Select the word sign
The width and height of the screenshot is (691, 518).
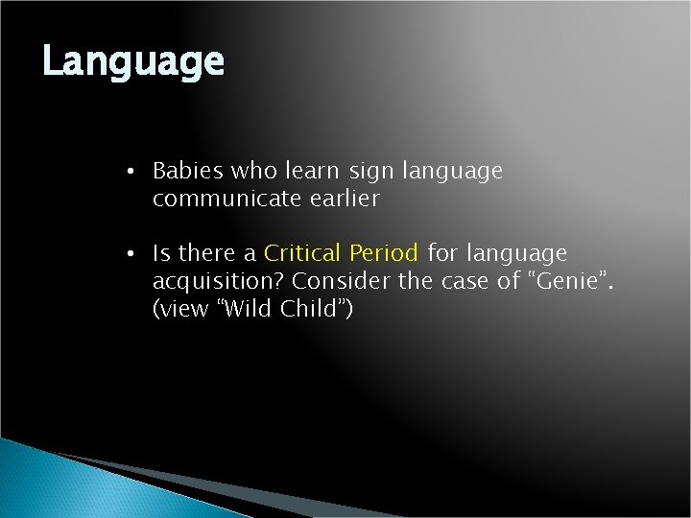tap(372, 172)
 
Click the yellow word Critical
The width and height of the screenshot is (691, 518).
tap(303, 254)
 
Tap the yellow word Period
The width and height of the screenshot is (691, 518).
tap(384, 254)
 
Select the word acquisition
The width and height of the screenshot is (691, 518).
tap(218, 282)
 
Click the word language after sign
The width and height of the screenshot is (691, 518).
tap(453, 173)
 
